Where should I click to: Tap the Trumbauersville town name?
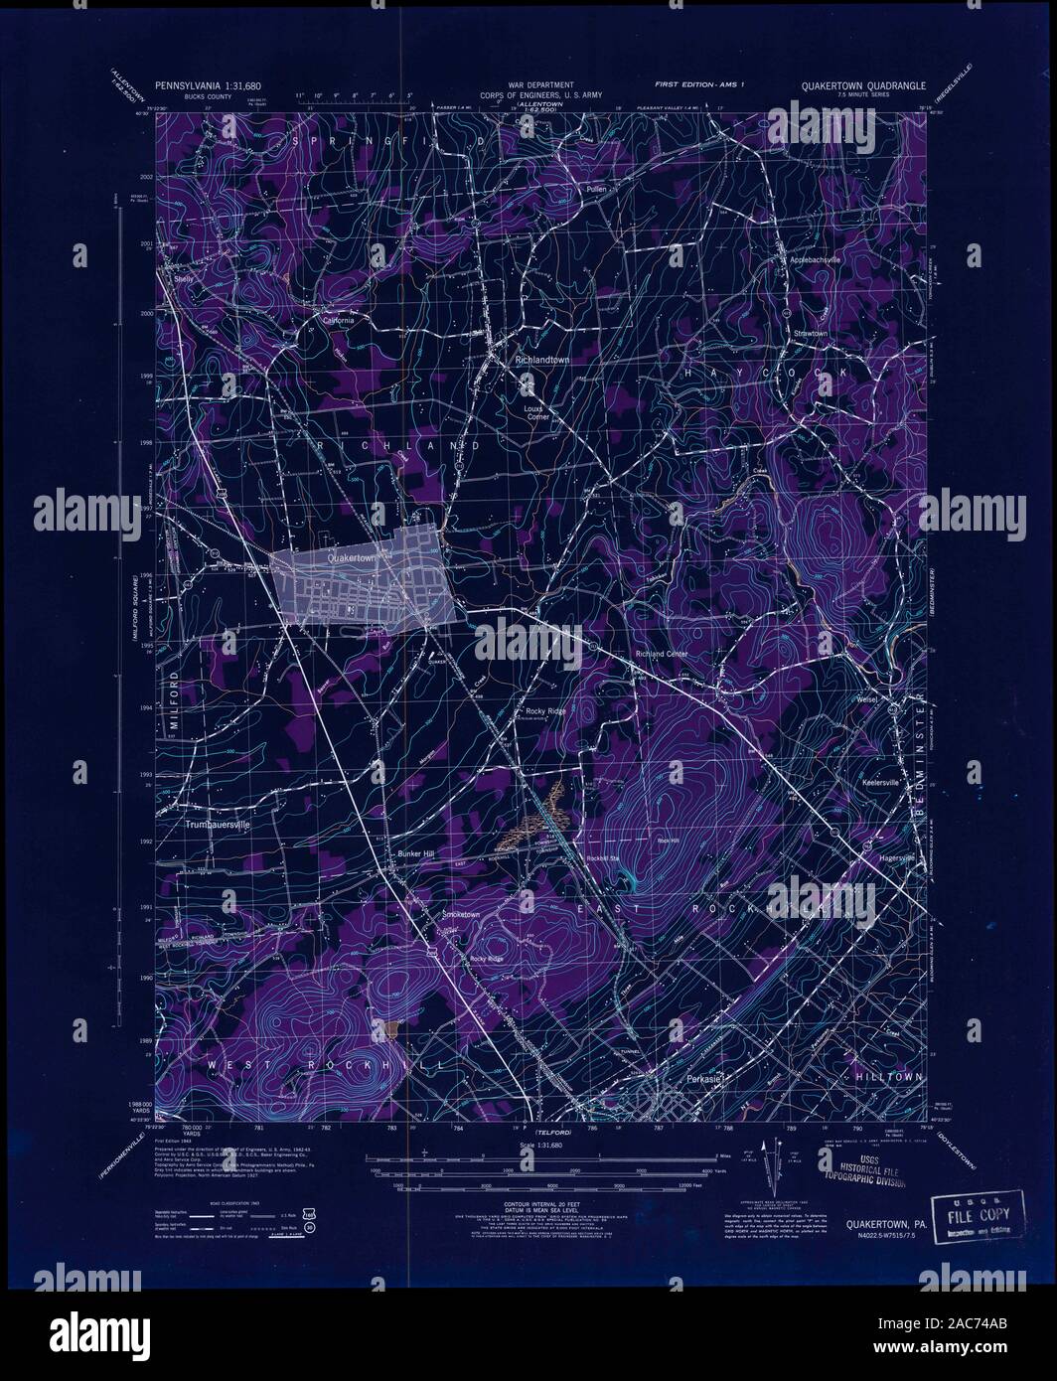pyautogui.click(x=220, y=824)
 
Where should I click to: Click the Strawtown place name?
pyautogui.click(x=810, y=334)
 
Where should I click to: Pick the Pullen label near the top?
pyautogui.click(x=595, y=188)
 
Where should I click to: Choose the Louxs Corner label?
pyautogui.click(x=536, y=411)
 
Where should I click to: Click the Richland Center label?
pyautogui.click(x=662, y=655)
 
